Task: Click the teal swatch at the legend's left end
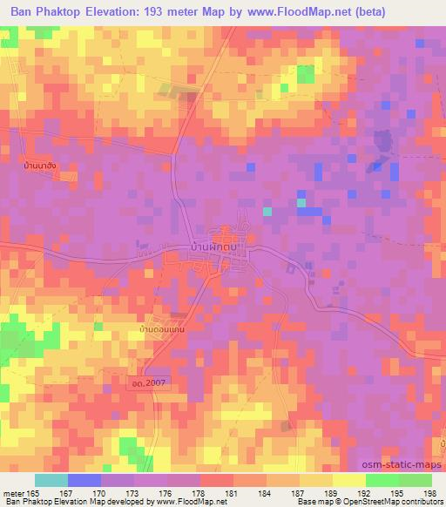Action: pyautogui.click(x=51, y=480)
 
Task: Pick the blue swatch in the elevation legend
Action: pyautogui.click(x=84, y=480)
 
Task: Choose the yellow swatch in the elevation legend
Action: pyautogui.click(x=348, y=480)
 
